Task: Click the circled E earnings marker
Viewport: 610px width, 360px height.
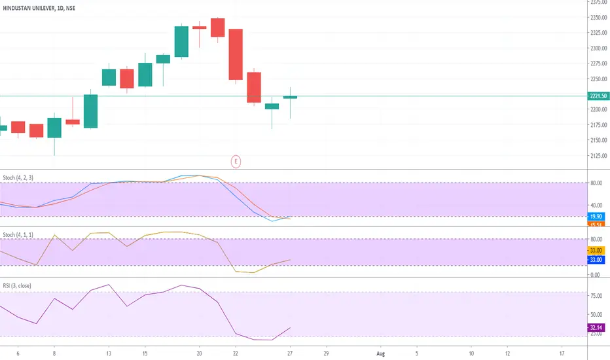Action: click(x=235, y=160)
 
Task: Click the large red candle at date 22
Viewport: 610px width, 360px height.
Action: click(x=236, y=54)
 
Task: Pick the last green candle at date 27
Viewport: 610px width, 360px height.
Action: click(x=290, y=98)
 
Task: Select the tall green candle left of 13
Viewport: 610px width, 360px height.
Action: click(x=90, y=111)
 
